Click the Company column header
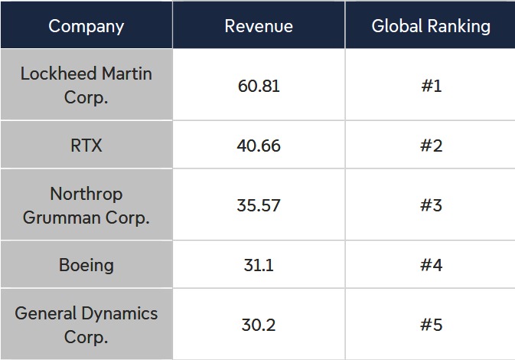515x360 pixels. tap(86, 26)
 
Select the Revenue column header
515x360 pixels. tap(259, 26)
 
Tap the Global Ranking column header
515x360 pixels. tap(431, 26)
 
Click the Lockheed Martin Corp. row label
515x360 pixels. tap(86, 85)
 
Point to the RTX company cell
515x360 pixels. tap(86, 146)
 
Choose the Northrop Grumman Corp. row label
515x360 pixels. tap(86, 205)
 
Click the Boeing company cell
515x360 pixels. tap(86, 265)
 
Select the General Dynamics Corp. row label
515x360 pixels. tap(86, 325)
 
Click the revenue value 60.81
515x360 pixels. tap(259, 86)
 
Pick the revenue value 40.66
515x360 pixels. tap(259, 146)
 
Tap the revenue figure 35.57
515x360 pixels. tap(259, 205)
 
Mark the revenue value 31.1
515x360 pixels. tap(259, 265)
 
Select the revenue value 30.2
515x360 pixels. tap(259, 325)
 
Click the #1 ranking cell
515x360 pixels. tap(432, 86)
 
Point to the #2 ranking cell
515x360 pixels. tap(432, 146)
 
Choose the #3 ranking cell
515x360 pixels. tap(432, 205)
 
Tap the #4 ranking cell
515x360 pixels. tap(432, 265)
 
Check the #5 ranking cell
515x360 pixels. tap(432, 325)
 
